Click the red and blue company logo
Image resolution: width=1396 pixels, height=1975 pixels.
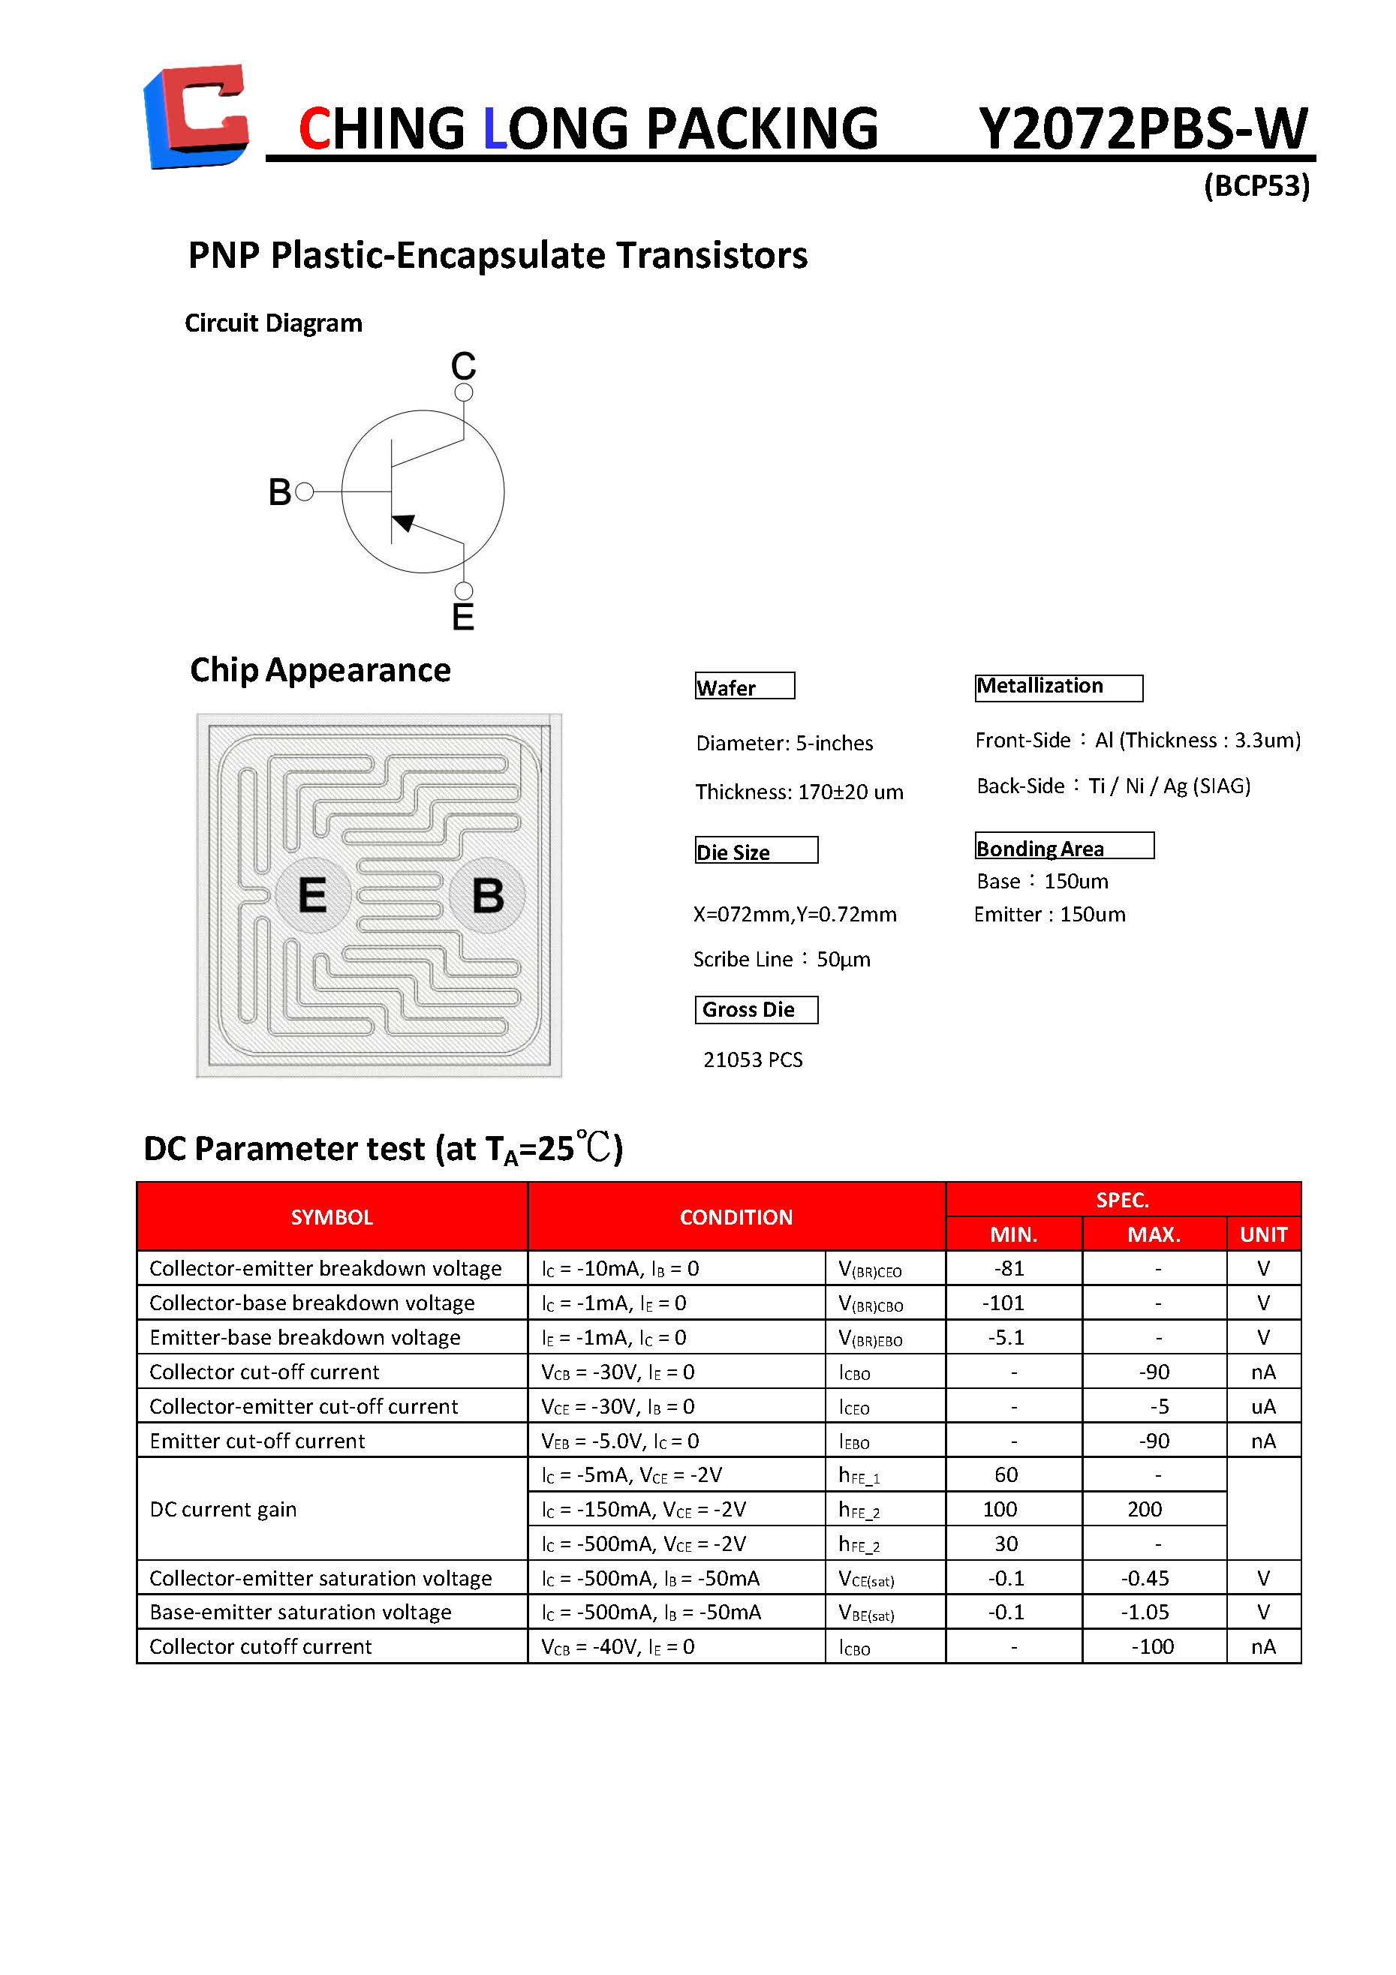click(x=196, y=116)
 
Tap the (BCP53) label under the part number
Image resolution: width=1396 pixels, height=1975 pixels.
click(x=1256, y=186)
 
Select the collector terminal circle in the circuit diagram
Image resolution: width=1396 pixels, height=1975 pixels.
click(x=464, y=392)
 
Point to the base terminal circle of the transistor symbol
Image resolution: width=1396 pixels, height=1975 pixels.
click(x=304, y=492)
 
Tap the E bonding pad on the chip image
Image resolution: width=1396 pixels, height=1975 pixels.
click(x=312, y=894)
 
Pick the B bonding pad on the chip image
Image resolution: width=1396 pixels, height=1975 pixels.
click(x=488, y=894)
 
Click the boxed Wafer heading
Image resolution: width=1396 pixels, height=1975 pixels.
click(x=744, y=687)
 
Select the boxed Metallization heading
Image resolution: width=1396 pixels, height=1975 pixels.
click(x=1058, y=687)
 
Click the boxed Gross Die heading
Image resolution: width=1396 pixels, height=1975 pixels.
click(x=755, y=1009)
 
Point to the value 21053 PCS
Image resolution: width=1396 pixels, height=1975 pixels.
click(x=753, y=1060)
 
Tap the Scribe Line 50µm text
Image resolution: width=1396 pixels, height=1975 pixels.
click(x=782, y=959)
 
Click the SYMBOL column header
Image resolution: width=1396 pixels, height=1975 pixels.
click(x=331, y=1217)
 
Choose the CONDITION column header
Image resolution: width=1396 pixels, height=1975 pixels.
click(x=736, y=1217)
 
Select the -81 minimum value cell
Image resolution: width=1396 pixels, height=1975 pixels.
click(x=1009, y=1269)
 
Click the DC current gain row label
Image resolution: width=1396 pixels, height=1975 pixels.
click(x=224, y=1510)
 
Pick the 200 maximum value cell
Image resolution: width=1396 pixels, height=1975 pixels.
click(x=1145, y=1510)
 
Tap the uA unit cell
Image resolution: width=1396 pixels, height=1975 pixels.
click(x=1262, y=1406)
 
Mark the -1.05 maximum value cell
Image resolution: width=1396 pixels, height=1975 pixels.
click(x=1145, y=1612)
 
